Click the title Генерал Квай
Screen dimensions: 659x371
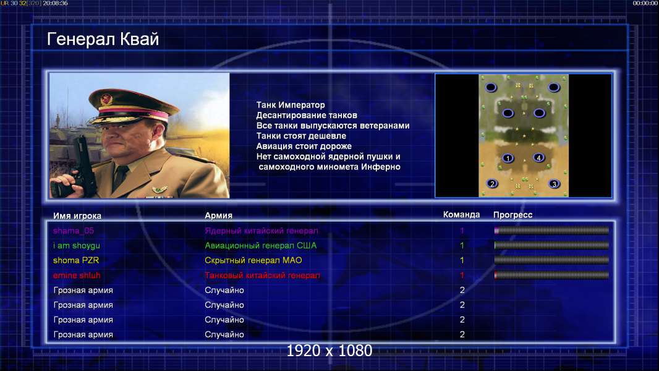tap(103, 40)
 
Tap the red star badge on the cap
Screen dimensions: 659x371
tap(106, 100)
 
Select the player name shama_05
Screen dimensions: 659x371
tap(74, 231)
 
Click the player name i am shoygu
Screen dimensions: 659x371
tap(77, 245)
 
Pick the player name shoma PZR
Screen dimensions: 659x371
tap(76, 260)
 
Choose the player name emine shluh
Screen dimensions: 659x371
tap(77, 276)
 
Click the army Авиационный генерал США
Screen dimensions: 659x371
tap(261, 245)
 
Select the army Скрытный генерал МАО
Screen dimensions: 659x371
tap(253, 260)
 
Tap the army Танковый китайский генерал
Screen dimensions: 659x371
tap(262, 276)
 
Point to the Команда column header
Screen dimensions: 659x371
tap(461, 215)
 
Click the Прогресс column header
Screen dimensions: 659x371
tap(512, 215)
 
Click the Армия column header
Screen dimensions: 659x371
tap(219, 216)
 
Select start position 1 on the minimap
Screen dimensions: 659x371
tap(508, 158)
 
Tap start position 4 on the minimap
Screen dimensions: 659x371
tap(539, 158)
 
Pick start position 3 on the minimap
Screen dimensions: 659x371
tap(555, 184)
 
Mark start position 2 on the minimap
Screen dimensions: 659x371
tap(492, 184)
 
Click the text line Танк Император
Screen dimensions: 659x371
tap(291, 105)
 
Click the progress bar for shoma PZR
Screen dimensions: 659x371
tap(551, 260)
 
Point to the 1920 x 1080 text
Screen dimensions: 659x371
tap(329, 351)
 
